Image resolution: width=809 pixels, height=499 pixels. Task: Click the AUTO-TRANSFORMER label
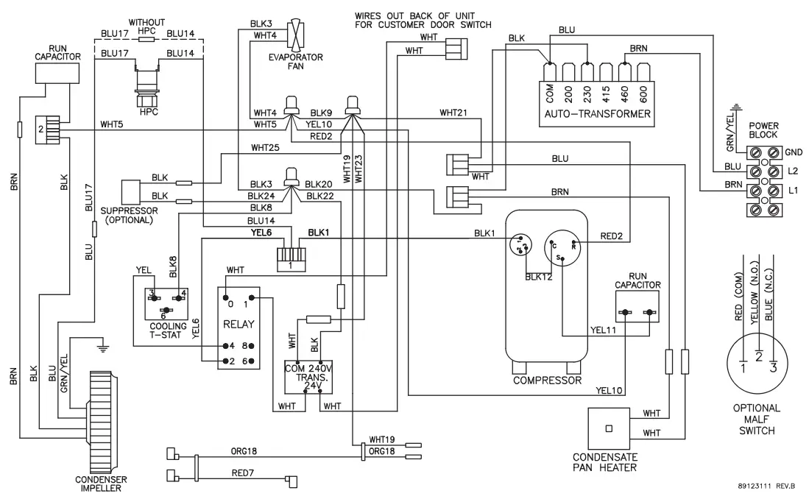[597, 114]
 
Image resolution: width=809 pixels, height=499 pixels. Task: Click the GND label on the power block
[794, 152]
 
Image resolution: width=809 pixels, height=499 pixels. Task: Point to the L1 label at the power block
[794, 191]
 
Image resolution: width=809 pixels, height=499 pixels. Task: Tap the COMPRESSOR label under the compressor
[547, 381]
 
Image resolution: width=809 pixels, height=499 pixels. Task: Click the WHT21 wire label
[453, 113]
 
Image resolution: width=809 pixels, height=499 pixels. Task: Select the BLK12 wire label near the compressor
[539, 277]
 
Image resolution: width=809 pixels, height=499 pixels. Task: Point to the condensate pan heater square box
[609, 428]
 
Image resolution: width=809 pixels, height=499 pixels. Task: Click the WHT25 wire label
[265, 147]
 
